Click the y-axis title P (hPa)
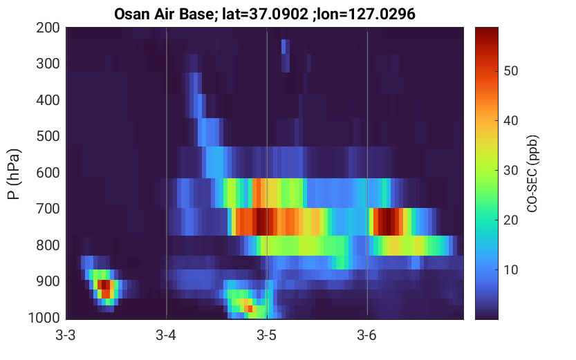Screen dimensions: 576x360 pyautogui.click(x=14, y=174)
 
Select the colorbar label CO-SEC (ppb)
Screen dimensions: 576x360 pyautogui.click(x=532, y=174)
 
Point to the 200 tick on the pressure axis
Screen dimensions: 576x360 pyautogui.click(x=48, y=28)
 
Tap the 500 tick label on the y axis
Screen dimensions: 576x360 pyautogui.click(x=48, y=136)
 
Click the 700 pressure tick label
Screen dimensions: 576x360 pyautogui.click(x=48, y=209)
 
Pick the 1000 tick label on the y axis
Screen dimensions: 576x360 pyautogui.click(x=44, y=318)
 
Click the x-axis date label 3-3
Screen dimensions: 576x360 pyautogui.click(x=66, y=335)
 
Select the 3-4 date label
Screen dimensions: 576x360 pyautogui.click(x=166, y=335)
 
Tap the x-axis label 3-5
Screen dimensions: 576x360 pyautogui.click(x=267, y=335)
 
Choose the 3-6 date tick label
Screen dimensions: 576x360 pyautogui.click(x=367, y=335)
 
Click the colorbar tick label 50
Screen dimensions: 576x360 pyautogui.click(x=510, y=71)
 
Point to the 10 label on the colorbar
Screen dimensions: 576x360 pyautogui.click(x=510, y=269)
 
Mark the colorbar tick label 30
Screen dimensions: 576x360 pyautogui.click(x=510, y=170)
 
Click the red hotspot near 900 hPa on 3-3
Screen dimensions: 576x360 pyautogui.click(x=105, y=289)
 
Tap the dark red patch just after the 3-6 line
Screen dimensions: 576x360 pyautogui.click(x=387, y=222)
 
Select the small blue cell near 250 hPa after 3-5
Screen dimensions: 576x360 pyautogui.click(x=284, y=46)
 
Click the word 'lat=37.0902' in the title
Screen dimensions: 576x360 pyautogui.click(x=266, y=15)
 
